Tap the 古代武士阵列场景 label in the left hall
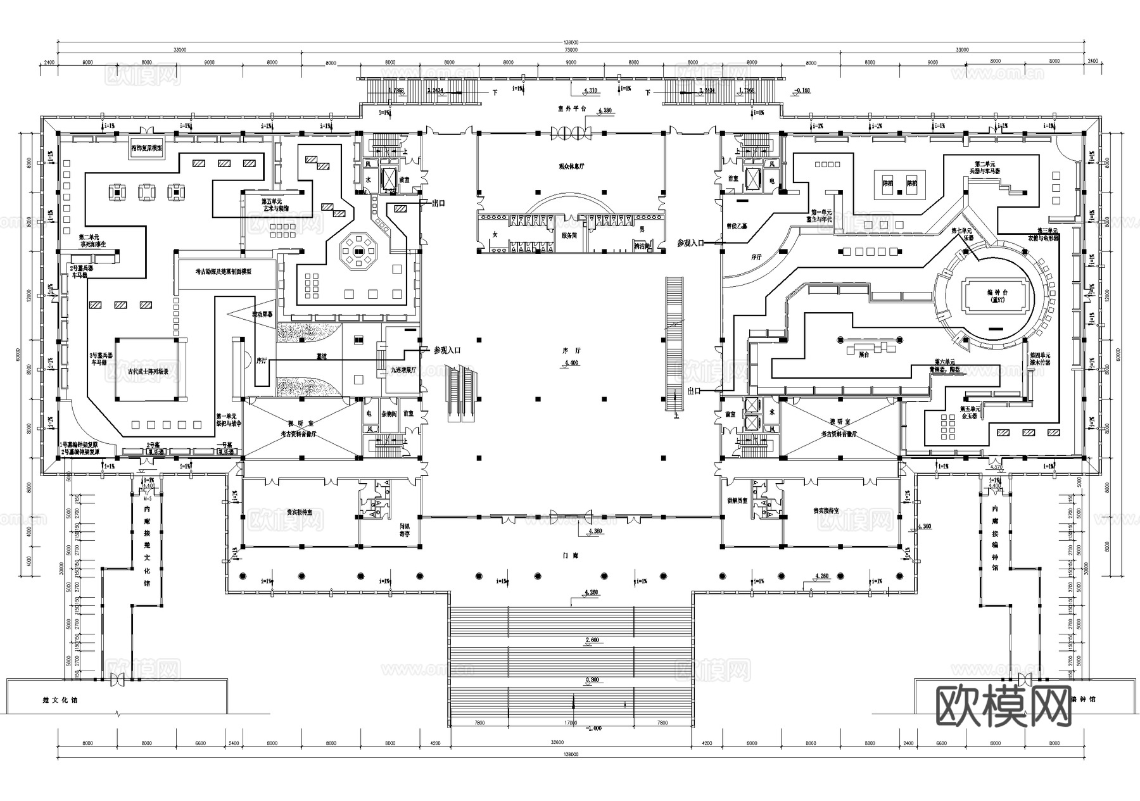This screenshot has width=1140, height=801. pos(148,372)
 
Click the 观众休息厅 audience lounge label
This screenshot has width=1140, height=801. pos(571,166)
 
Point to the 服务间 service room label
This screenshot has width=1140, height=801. pos(569,235)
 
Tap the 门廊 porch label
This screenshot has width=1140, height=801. pos(570,555)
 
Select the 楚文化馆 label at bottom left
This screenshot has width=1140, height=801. pos(59,700)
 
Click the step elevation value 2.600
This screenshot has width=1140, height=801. pos(592,640)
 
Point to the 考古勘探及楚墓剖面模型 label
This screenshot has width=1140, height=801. pos(224,271)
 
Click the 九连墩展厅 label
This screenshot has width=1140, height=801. pos(403,370)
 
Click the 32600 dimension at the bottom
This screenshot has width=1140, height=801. pos(557,743)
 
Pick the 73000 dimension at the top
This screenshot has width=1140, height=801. pos(570,49)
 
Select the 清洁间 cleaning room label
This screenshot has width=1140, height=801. pos(642,247)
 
